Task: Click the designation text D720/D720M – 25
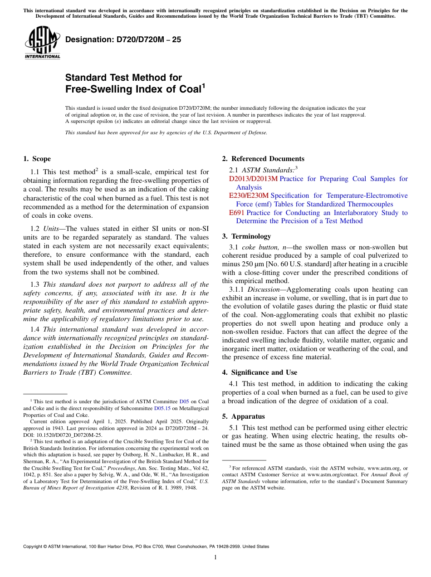123,39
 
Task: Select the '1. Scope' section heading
37,159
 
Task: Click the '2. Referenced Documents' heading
263,159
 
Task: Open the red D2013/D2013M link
253,179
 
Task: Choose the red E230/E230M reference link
249,196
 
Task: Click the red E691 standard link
237,213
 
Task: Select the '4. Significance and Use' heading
260,372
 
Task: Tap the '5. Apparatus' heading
243,416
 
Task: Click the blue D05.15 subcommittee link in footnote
162,408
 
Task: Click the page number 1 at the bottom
215,557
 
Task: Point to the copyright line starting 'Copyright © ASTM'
146,547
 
